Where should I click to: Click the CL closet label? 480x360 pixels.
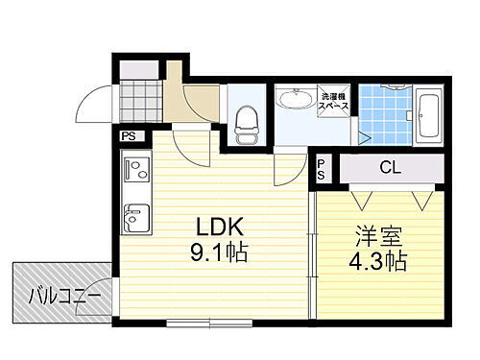point(389,169)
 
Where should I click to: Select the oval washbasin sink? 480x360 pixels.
point(293,99)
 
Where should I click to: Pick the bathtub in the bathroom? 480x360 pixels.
point(429,115)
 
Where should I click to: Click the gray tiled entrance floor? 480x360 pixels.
point(140,101)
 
